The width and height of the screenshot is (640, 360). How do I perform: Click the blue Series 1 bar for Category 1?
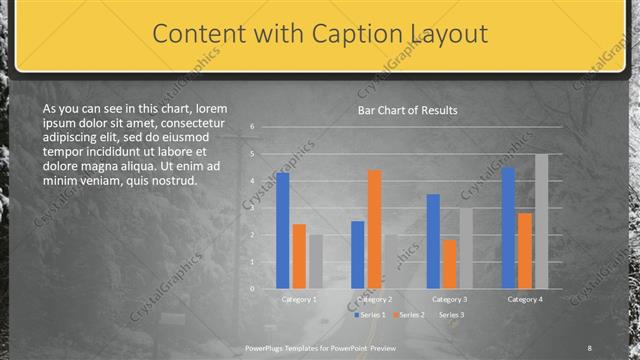click(283, 231)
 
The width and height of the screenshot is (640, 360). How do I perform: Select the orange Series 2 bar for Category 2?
click(374, 229)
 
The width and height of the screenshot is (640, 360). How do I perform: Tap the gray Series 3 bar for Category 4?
click(541, 221)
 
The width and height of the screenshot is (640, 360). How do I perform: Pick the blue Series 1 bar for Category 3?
click(433, 241)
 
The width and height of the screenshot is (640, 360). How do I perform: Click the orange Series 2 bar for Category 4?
click(525, 250)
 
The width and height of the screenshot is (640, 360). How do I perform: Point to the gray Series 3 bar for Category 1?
click(315, 262)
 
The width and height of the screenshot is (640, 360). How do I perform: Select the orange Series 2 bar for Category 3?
click(449, 264)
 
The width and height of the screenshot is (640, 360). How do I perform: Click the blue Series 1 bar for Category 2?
click(358, 255)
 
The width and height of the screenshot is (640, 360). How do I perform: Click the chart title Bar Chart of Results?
click(408, 110)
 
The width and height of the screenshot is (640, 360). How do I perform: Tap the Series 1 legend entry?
click(371, 314)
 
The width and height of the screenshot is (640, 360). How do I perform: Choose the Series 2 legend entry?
click(411, 314)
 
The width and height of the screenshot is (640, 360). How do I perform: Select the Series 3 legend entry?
click(451, 314)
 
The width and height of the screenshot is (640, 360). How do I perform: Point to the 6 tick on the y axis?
click(253, 127)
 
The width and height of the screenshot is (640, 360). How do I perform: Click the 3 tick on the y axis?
click(253, 208)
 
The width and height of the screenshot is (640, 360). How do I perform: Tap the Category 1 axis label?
click(299, 299)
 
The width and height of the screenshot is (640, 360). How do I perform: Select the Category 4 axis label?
click(525, 299)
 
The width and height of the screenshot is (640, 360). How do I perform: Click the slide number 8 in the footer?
click(589, 348)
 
